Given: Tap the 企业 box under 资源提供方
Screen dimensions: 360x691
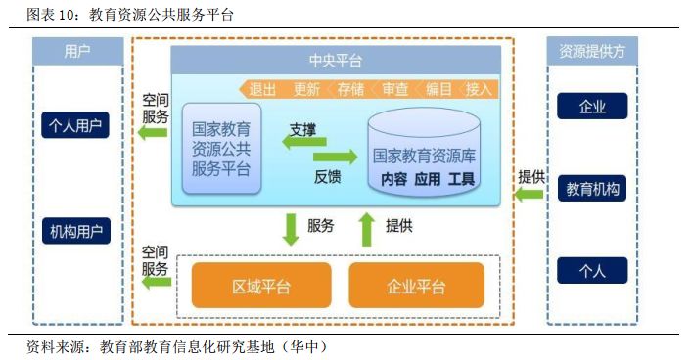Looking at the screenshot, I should tap(591, 106).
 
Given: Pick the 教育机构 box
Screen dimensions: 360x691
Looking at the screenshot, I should tap(591, 189).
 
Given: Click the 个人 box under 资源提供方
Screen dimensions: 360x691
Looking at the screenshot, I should tap(591, 270).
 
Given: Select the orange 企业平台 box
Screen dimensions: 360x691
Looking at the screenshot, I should tap(416, 286).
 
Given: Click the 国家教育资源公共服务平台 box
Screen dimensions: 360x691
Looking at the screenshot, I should tap(221, 149).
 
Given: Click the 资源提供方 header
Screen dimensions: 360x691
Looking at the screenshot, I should tap(591, 51).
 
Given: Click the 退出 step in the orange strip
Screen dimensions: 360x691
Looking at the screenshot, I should tap(262, 89).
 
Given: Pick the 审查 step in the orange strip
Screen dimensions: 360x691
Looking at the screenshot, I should tap(394, 89).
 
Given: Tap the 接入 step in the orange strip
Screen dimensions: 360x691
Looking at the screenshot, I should tap(479, 89).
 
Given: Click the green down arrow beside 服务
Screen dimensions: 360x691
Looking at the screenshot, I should tap(291, 229).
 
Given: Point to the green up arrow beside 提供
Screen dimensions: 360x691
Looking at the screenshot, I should tap(366, 229).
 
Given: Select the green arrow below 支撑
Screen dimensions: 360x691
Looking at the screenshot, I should tap(299, 143).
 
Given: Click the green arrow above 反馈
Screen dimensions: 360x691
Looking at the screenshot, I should tap(335, 157).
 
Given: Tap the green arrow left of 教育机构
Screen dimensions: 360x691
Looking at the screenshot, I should tap(530, 195).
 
